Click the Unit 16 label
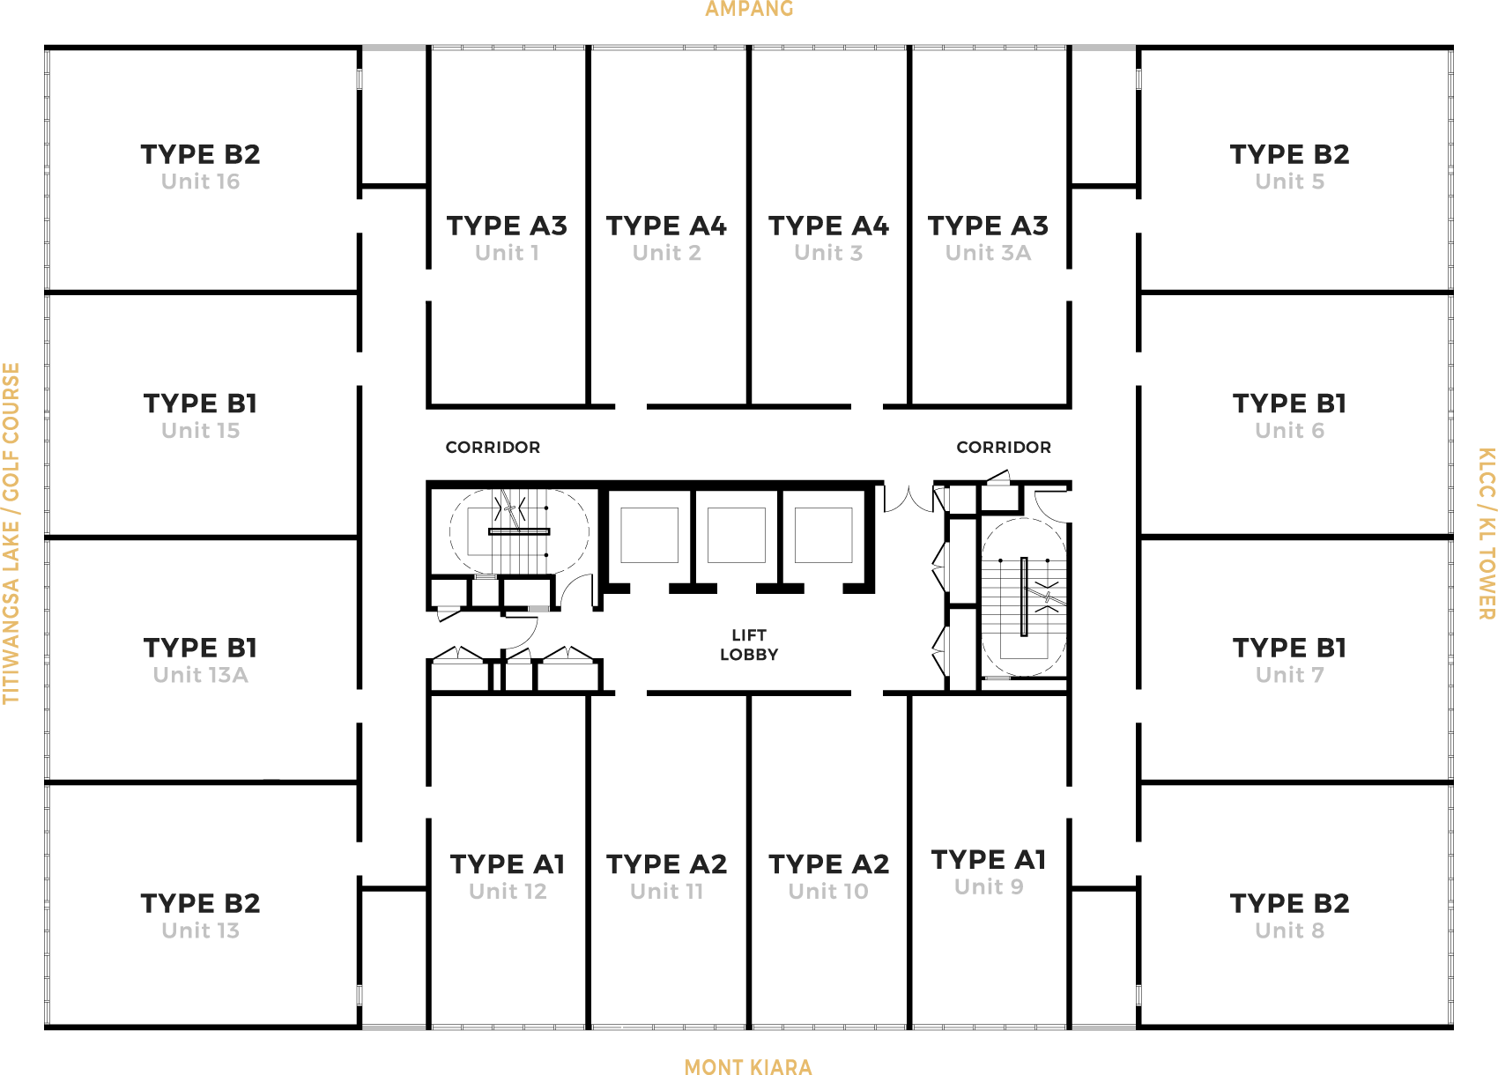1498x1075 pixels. (x=200, y=182)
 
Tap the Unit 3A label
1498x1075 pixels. (x=988, y=253)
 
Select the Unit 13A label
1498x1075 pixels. (x=200, y=675)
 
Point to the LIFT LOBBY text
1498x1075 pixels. (x=749, y=644)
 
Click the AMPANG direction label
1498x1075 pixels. (x=749, y=9)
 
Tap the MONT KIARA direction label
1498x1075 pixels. (x=748, y=1067)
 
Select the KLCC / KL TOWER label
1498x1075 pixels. (x=1486, y=533)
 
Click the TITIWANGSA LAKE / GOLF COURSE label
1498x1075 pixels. (x=11, y=533)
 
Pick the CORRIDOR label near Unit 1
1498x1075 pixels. (x=493, y=448)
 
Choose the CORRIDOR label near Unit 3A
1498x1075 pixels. (x=1004, y=448)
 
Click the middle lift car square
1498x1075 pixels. (x=737, y=535)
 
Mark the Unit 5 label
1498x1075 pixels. (x=1289, y=182)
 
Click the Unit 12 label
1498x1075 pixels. (x=508, y=891)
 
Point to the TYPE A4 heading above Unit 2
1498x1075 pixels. (x=666, y=226)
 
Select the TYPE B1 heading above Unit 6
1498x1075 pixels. (x=1289, y=404)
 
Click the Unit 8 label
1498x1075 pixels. (x=1289, y=930)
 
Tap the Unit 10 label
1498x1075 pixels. (x=828, y=891)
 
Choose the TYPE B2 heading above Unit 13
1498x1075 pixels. (x=200, y=904)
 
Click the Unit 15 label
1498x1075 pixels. (x=200, y=431)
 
